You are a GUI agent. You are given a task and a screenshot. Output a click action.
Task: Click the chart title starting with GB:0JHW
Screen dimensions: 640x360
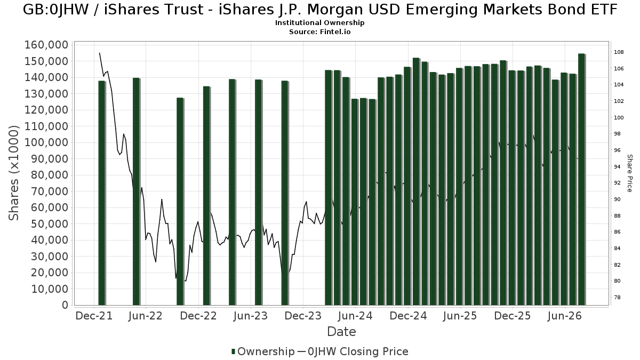[x=320, y=10]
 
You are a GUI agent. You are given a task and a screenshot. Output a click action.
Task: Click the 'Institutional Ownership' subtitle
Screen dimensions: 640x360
[x=319, y=23]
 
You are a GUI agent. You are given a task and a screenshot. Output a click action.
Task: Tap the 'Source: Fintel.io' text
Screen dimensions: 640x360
[x=319, y=31]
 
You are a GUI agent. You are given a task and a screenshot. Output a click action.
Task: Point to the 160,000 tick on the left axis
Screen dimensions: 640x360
[x=46, y=45]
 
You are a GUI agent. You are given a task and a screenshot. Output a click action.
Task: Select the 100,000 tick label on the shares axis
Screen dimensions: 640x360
[x=46, y=142]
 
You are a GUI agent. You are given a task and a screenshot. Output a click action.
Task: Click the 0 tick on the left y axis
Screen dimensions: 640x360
[x=66, y=305]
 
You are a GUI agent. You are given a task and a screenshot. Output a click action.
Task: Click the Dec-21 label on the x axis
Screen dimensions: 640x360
[x=94, y=316]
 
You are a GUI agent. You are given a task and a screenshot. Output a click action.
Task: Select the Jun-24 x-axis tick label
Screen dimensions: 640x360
[x=355, y=316]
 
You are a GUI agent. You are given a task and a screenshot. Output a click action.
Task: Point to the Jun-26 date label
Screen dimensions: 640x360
[x=565, y=316]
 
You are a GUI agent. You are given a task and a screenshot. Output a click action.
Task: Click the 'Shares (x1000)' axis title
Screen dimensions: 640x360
[x=13, y=173]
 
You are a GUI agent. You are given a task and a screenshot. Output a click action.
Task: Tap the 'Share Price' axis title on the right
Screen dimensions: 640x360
[x=630, y=173]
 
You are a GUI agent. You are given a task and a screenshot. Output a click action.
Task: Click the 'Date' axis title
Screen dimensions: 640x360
[x=341, y=332]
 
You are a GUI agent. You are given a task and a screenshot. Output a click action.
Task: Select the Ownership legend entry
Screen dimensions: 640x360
[x=263, y=351]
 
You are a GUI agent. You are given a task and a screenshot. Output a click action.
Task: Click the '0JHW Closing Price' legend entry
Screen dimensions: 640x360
[x=353, y=351]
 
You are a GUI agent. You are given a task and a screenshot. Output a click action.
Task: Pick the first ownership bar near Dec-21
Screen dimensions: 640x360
[x=102, y=193]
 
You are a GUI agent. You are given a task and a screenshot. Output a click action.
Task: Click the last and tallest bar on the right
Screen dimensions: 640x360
[x=582, y=179]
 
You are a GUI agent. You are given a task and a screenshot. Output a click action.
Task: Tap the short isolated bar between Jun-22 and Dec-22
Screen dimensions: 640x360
[x=180, y=202]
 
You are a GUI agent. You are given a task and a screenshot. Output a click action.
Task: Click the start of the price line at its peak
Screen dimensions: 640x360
[x=99, y=53]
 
